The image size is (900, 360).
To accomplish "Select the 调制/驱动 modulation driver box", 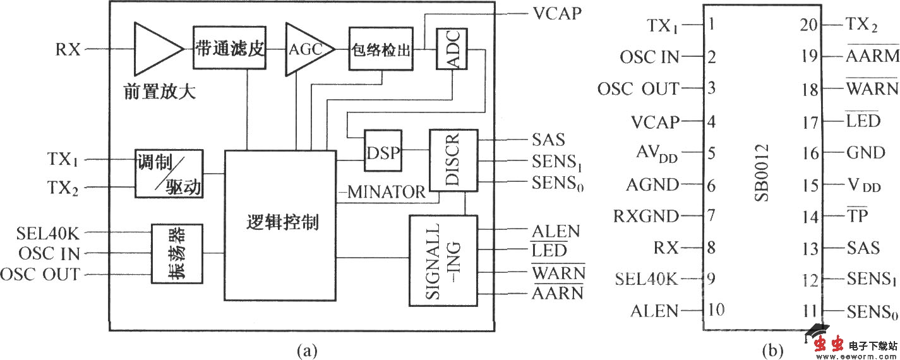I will pyautogui.click(x=169, y=174).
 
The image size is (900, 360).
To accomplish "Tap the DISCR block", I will pyautogui.click(x=453, y=160).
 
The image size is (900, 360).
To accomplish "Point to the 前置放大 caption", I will pyautogui.click(x=160, y=93).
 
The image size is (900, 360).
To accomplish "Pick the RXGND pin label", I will pyautogui.click(x=645, y=216).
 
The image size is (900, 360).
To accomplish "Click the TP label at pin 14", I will pyautogui.click(x=858, y=215).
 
